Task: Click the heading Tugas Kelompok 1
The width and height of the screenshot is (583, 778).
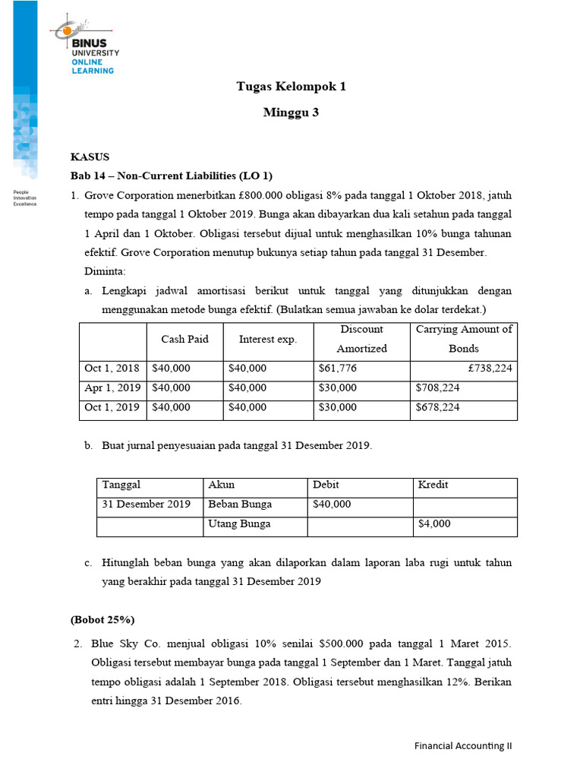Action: pyautogui.click(x=291, y=87)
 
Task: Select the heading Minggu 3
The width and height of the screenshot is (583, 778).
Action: pyautogui.click(x=291, y=113)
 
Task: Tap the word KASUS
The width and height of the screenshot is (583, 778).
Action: pyautogui.click(x=90, y=157)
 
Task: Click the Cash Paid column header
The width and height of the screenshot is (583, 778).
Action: pyautogui.click(x=184, y=339)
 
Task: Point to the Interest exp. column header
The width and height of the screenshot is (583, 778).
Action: pyautogui.click(x=268, y=339)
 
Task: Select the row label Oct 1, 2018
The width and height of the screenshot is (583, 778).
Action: pyautogui.click(x=112, y=368)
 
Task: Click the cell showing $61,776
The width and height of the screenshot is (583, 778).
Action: pyautogui.click(x=337, y=368)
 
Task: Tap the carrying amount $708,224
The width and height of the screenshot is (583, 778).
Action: pyautogui.click(x=437, y=387)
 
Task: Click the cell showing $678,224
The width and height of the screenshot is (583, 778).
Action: pyautogui.click(x=437, y=407)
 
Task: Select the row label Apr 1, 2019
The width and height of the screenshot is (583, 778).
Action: pyautogui.click(x=112, y=387)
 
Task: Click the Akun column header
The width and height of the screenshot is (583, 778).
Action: pyautogui.click(x=221, y=485)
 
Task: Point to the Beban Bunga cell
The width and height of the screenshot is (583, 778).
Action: pyautogui.click(x=239, y=504)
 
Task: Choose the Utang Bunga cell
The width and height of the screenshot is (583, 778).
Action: pyautogui.click(x=239, y=524)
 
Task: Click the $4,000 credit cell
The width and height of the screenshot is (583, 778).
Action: pyautogui.click(x=434, y=524)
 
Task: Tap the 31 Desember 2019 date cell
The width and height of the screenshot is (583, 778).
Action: pyautogui.click(x=147, y=504)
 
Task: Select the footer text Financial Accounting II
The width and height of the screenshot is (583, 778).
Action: pyautogui.click(x=463, y=746)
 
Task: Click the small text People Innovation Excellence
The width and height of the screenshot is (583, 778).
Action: pyautogui.click(x=25, y=199)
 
